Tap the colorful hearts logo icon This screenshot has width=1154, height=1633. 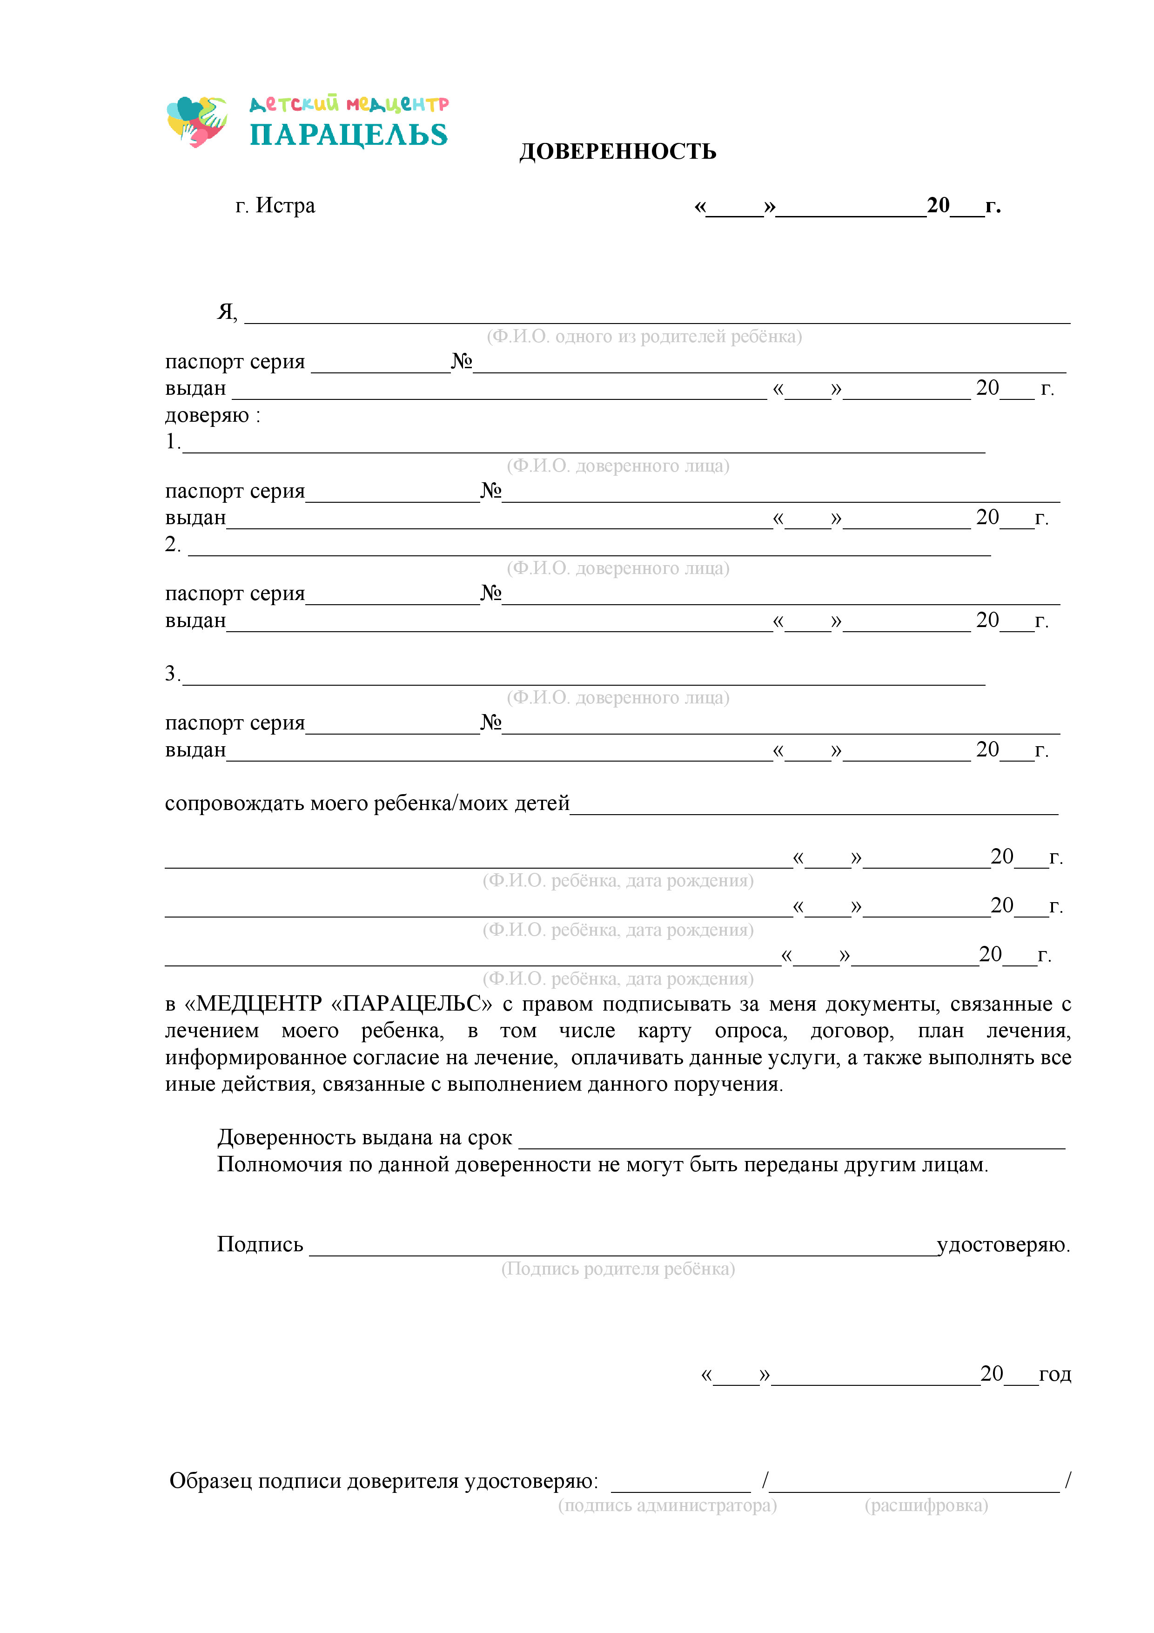point(197,121)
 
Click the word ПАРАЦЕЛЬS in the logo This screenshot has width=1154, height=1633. point(349,135)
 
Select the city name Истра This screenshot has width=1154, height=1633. point(285,206)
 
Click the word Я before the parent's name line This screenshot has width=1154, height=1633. point(225,311)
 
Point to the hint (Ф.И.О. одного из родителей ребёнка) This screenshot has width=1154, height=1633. point(644,337)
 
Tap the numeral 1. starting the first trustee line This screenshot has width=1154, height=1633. point(172,442)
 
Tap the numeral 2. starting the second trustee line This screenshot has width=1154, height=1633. point(172,544)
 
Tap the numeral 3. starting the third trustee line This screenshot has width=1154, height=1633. point(172,674)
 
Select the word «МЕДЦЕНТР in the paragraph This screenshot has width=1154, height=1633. point(253,1004)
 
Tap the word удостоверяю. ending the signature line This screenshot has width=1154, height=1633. point(1003,1245)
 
